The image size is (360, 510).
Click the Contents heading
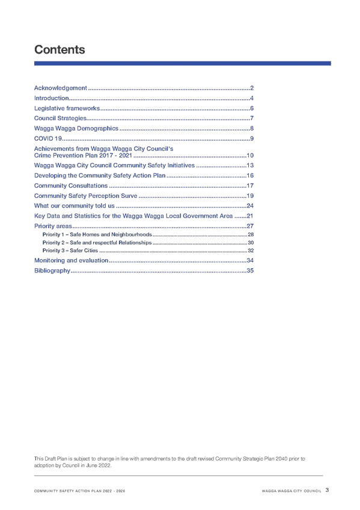click(x=59, y=50)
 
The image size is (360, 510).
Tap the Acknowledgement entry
click(x=61, y=88)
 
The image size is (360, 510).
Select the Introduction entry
click(x=51, y=98)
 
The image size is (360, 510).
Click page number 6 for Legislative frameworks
click(x=252, y=108)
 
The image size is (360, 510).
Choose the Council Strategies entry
click(x=60, y=118)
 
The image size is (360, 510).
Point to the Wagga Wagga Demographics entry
click(x=76, y=129)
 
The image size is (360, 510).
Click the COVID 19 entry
click(x=47, y=138)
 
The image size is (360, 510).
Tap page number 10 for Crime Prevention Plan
click(x=250, y=156)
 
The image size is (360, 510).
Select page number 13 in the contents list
click(x=250, y=165)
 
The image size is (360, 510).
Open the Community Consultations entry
click(x=71, y=186)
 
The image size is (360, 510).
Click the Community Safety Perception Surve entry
click(x=85, y=196)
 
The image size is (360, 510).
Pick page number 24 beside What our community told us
click(x=250, y=206)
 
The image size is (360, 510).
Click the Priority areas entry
click(x=53, y=226)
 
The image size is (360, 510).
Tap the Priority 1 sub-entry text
click(x=97, y=235)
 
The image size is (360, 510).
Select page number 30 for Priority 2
click(x=251, y=242)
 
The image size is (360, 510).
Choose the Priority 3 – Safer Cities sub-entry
click(x=70, y=250)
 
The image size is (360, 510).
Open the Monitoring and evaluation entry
click(x=71, y=260)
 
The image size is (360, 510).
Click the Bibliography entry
click(x=52, y=271)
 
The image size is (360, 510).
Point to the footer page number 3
click(x=327, y=490)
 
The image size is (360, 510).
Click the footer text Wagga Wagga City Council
click(x=291, y=491)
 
